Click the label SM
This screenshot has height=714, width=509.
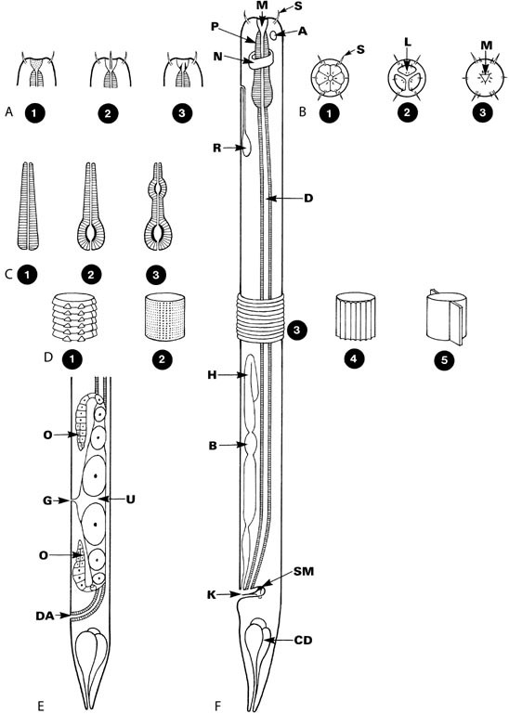pos(304,571)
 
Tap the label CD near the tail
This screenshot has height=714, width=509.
pos(304,641)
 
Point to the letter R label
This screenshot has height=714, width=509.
pos(217,148)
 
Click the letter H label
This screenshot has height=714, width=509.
pos(213,375)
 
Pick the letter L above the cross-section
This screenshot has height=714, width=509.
pos(408,43)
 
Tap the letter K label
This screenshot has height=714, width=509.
pos(212,595)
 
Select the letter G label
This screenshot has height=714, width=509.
pos(47,500)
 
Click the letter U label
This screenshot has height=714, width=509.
pos(131,500)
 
